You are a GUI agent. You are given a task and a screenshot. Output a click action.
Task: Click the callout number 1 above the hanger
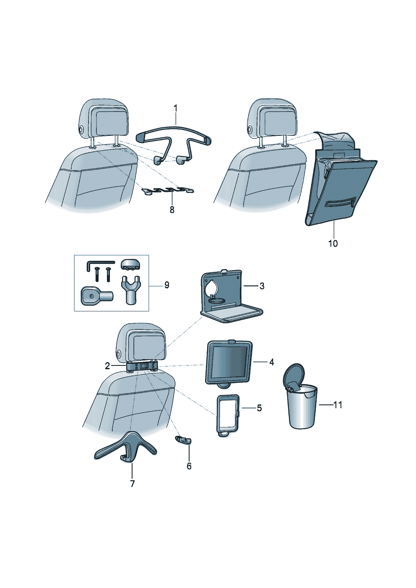point(175,109)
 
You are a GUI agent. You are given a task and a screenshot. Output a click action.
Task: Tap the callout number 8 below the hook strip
point(172,210)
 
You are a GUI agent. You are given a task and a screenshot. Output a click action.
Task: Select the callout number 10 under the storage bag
point(333,243)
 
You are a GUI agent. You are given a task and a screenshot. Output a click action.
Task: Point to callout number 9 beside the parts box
point(166,285)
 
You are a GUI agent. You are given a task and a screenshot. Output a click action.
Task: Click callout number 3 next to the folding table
point(262,286)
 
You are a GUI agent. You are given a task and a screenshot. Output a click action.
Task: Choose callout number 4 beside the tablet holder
point(271,362)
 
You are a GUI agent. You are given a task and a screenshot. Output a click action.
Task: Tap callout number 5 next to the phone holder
point(259,408)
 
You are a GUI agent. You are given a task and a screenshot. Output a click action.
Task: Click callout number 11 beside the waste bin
point(338,405)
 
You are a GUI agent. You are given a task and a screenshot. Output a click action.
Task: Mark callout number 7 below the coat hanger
point(132,484)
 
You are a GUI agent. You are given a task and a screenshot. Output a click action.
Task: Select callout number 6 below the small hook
point(189,466)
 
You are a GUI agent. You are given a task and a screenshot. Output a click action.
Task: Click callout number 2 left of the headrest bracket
point(107,366)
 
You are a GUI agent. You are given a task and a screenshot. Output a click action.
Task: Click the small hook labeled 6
point(183,440)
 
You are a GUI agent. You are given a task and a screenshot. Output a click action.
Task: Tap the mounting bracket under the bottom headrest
point(143,366)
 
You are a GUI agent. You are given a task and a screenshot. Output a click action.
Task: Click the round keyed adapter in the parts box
point(91,295)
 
